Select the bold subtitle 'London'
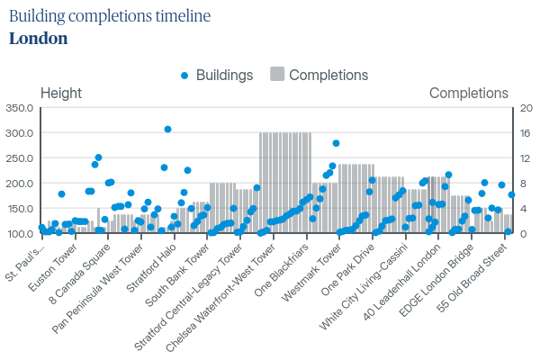(x=38, y=39)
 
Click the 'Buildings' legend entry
(x=216, y=76)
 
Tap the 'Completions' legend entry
(x=319, y=76)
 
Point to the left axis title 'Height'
(x=61, y=93)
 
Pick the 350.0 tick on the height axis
(x=19, y=108)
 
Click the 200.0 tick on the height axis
(x=19, y=184)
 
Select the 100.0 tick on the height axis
(x=19, y=234)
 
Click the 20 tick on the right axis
(x=525, y=108)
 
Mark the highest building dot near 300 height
(x=167, y=130)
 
